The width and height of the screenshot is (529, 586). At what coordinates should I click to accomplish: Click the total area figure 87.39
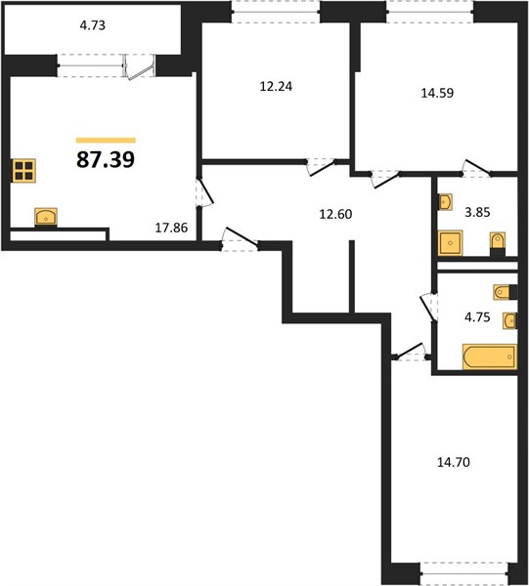pos(106,159)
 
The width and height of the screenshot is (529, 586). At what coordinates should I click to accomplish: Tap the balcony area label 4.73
pos(93,25)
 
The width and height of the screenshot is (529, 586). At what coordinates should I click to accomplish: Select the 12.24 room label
pos(276,87)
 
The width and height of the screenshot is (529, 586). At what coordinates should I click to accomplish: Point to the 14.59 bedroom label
pos(437,93)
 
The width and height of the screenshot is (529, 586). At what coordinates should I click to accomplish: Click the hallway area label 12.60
pos(335,214)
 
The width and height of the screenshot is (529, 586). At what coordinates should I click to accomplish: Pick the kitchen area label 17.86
pos(171,228)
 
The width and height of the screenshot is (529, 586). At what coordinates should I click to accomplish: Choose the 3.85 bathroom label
pos(477,212)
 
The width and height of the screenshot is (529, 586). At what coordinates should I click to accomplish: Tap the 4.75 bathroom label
pos(477,317)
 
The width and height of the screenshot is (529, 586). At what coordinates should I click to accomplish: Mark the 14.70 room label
pos(454,463)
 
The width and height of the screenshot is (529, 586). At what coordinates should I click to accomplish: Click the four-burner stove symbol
pos(23,171)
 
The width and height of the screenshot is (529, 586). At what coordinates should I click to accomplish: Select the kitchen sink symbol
pos(46,217)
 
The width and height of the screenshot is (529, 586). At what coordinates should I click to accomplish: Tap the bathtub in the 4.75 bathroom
pos(490,356)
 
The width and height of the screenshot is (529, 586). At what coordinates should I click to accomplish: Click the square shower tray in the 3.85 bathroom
pos(450,243)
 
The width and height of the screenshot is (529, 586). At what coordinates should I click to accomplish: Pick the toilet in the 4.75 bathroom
pos(506,292)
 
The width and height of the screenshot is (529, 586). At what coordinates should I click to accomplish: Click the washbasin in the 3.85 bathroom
pos(445,202)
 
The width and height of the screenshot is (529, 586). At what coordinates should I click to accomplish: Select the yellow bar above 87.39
pos(106,140)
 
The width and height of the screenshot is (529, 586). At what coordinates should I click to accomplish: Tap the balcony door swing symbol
pos(139,67)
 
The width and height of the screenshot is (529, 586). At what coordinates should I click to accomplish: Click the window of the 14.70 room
pos(463,572)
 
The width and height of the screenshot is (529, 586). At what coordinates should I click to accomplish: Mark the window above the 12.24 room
pos(276,12)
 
